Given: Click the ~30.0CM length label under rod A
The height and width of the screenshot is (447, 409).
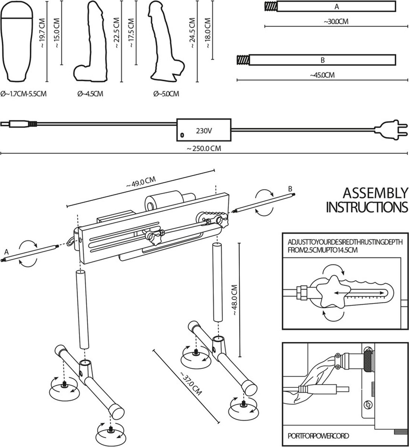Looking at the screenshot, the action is pos(336,22).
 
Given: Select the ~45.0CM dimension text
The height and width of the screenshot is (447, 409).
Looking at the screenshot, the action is pos(322,75).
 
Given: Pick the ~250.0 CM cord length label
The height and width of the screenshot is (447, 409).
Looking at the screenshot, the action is pos(204,148).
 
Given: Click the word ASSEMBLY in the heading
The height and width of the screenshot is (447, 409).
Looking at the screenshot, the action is pos(375,193).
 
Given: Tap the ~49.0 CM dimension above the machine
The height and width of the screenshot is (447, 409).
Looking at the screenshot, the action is pos(141,182).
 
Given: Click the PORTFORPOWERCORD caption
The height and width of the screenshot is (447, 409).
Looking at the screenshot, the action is pos(318,435).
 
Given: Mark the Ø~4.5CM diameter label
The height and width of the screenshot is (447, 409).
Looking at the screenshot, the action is pos(90,93).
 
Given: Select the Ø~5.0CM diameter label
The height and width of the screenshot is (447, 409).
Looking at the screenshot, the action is pos(166,93).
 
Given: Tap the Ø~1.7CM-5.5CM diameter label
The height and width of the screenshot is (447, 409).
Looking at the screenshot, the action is pos(23,94).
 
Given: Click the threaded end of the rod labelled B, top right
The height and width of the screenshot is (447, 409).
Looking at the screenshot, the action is pos(242,60).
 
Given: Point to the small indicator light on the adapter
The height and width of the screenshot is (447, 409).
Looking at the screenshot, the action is pos(182,135).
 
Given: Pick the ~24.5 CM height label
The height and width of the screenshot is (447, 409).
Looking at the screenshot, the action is pos(192,33).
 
